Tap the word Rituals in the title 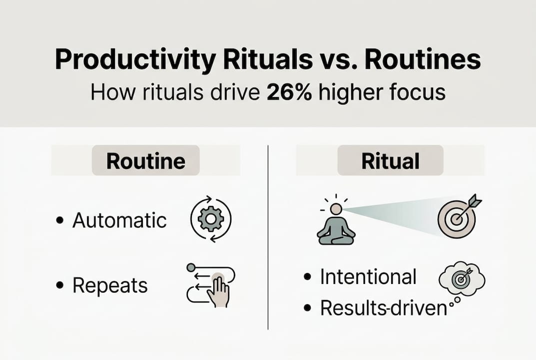tap(258, 60)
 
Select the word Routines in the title tap(423, 60)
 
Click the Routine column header tap(146, 160)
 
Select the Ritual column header tap(390, 160)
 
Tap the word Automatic tap(119, 220)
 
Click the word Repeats tap(110, 285)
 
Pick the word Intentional tap(368, 276)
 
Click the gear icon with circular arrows tap(211, 220)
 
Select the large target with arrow tap(457, 217)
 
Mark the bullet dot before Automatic tap(60, 220)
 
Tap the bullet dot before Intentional tap(309, 277)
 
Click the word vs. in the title tap(336, 60)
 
